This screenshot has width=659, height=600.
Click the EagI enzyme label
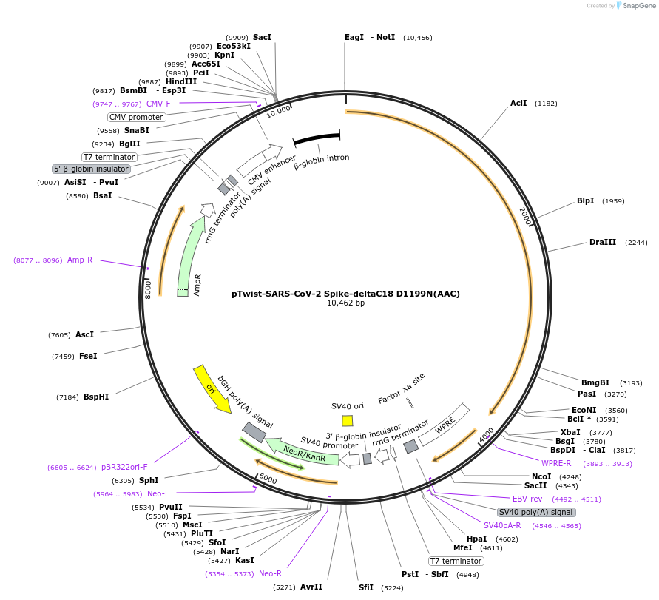click(354, 37)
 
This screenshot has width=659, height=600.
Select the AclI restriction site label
click(518, 104)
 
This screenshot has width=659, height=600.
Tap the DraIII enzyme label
click(603, 243)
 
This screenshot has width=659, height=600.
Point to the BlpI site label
click(586, 201)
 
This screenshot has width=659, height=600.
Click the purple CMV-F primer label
click(158, 104)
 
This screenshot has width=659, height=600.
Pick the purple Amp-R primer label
click(80, 260)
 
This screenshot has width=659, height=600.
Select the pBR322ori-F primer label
click(124, 468)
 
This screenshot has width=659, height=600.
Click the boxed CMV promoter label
click(136, 117)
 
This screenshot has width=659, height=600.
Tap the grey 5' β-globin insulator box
click(91, 169)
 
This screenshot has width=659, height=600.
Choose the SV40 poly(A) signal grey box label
click(536, 512)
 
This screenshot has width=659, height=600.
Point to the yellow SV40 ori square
click(348, 420)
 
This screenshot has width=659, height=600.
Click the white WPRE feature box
click(445, 425)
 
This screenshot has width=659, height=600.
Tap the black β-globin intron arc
click(317, 139)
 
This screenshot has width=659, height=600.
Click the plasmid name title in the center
click(345, 294)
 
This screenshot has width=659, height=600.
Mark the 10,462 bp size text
click(345, 303)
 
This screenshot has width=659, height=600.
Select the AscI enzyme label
click(84, 335)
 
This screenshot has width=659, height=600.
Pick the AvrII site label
click(311, 587)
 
